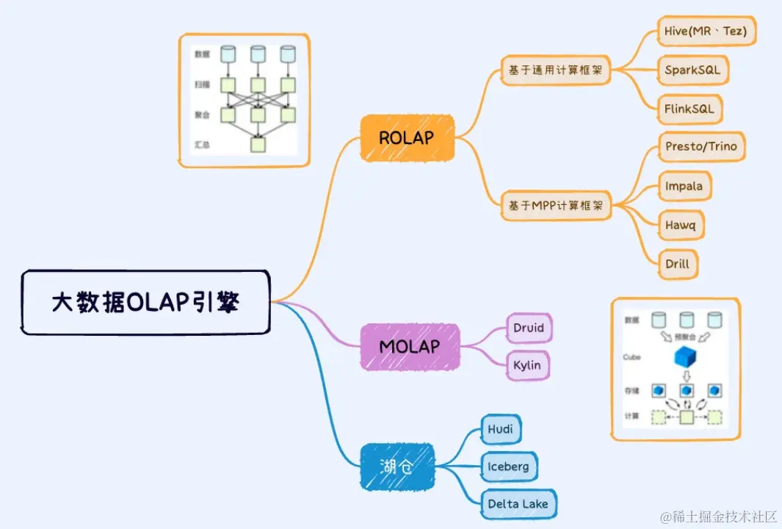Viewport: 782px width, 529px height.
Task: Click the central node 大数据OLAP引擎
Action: pos(145,302)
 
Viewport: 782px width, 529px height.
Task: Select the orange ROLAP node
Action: pos(407,137)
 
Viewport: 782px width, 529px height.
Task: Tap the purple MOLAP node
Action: pos(410,346)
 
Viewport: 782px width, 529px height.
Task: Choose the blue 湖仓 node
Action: pos(397,466)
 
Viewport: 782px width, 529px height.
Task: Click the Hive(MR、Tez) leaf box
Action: pos(706,32)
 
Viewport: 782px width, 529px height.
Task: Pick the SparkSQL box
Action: pos(692,71)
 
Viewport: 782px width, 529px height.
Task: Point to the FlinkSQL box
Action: pos(689,109)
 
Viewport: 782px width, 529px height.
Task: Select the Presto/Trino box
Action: pos(700,147)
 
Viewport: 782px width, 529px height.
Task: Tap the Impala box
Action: pos(684,186)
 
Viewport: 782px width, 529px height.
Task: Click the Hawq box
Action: pos(680,225)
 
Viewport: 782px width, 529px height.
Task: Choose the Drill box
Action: pos(677,263)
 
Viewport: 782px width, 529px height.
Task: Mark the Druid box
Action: pos(529,328)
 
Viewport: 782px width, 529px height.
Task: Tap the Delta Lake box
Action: pos(518,504)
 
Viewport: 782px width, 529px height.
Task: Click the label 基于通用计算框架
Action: pos(556,71)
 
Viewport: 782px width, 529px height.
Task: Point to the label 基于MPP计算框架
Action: pos(556,206)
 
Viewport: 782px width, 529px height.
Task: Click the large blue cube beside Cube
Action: pos(686,357)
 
